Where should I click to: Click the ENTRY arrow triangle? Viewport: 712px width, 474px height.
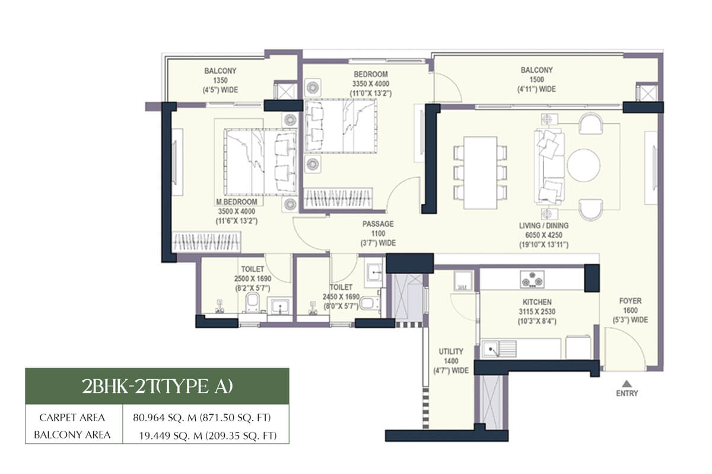(626, 383)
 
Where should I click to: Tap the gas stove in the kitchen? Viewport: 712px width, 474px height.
(532, 280)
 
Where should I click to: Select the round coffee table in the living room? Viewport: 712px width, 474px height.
(584, 165)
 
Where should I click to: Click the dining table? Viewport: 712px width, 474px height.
(480, 172)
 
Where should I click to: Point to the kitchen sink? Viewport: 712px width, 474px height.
(499, 349)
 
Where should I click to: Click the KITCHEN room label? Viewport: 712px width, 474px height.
(537, 302)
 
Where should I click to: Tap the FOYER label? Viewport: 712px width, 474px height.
(630, 300)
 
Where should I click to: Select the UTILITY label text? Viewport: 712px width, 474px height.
(451, 351)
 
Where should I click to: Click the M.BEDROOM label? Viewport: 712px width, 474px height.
(237, 202)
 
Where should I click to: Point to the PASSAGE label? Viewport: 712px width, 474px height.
(378, 224)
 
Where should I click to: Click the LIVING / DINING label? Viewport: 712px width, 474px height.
(544, 226)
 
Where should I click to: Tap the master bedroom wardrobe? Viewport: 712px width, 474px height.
(206, 242)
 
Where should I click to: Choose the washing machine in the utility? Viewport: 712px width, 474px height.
(462, 281)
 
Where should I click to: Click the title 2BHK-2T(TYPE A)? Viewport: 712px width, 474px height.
(157, 386)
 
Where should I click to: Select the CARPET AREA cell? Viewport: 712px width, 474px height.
(72, 418)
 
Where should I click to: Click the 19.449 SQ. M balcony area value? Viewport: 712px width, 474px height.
(208, 435)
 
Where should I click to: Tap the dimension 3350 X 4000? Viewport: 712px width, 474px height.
(371, 84)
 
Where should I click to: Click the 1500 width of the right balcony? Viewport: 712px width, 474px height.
(536, 79)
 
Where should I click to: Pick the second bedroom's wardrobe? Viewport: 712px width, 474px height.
(338, 198)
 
